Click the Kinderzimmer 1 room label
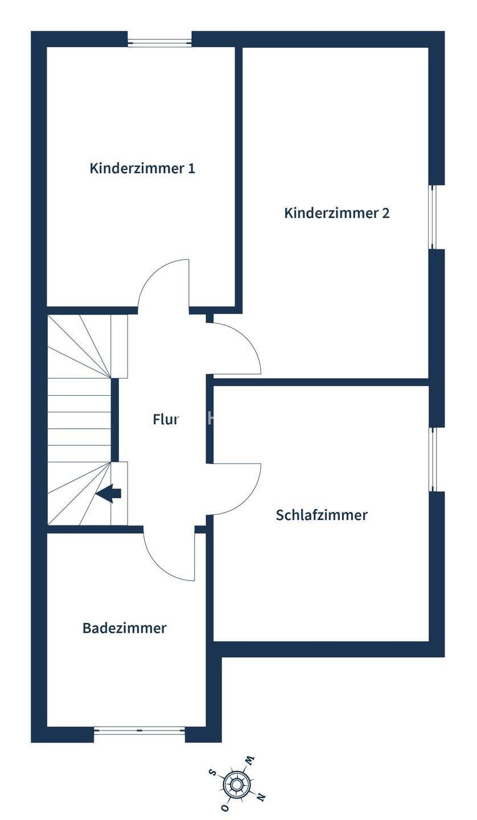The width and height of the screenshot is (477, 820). (x=142, y=169)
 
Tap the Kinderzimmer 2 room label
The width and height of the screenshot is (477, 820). (x=336, y=213)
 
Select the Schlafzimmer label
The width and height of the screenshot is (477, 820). (x=322, y=515)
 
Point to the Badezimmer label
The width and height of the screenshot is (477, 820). (x=124, y=628)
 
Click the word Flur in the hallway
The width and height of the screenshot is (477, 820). (x=166, y=420)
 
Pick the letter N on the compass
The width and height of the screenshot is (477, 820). (x=261, y=798)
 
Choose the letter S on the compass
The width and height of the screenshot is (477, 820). (x=212, y=773)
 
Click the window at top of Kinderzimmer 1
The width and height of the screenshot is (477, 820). (x=159, y=42)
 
